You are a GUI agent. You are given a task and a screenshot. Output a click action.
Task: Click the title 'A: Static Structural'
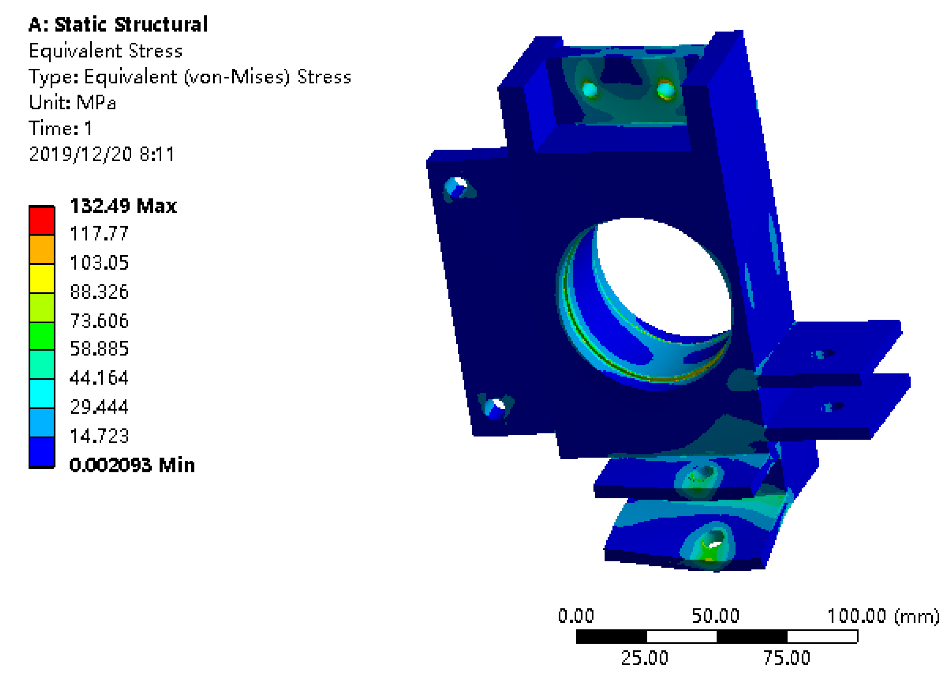tap(118, 24)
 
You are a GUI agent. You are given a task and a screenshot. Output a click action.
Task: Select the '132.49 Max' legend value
tap(123, 206)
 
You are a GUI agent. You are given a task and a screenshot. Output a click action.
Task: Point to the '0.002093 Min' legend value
tap(132, 465)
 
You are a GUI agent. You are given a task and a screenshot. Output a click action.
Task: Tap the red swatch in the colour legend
tap(42, 221)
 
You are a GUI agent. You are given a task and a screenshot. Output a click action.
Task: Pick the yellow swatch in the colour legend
tap(42, 278)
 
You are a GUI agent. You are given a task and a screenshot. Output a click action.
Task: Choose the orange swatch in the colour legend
tap(42, 249)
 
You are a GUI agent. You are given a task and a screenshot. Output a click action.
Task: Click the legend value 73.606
tap(100, 321)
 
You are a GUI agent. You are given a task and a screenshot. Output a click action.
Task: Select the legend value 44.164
tap(99, 378)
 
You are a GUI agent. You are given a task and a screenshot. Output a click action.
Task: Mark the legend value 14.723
tap(100, 436)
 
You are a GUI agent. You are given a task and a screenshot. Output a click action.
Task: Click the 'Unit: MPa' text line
tap(72, 103)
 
